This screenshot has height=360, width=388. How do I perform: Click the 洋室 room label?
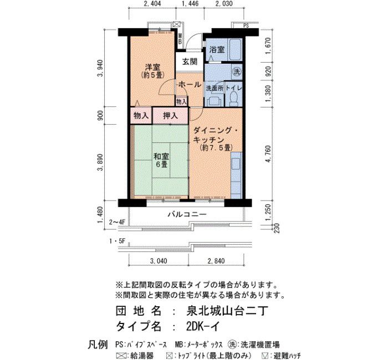point(152,67)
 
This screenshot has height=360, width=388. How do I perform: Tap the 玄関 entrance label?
point(190,61)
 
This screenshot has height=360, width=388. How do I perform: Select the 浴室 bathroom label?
point(217,50)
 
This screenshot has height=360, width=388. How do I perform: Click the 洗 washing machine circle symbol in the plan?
point(237,71)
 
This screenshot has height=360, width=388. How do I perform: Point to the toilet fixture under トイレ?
point(233,99)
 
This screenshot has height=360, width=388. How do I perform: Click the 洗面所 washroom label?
point(215,88)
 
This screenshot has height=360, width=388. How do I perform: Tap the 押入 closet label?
point(171,115)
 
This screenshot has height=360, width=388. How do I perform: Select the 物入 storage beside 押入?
point(141,115)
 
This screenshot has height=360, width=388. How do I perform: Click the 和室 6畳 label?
point(161,160)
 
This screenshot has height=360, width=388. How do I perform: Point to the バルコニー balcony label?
point(187,214)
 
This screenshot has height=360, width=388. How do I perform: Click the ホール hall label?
point(190,85)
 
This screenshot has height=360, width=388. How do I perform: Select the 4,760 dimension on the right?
point(268,154)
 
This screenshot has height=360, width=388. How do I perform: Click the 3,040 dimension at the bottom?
point(159,261)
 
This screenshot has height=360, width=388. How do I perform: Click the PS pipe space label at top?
point(246,25)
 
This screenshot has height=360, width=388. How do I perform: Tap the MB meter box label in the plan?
point(180,39)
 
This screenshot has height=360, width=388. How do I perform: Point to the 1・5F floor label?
point(118,241)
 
